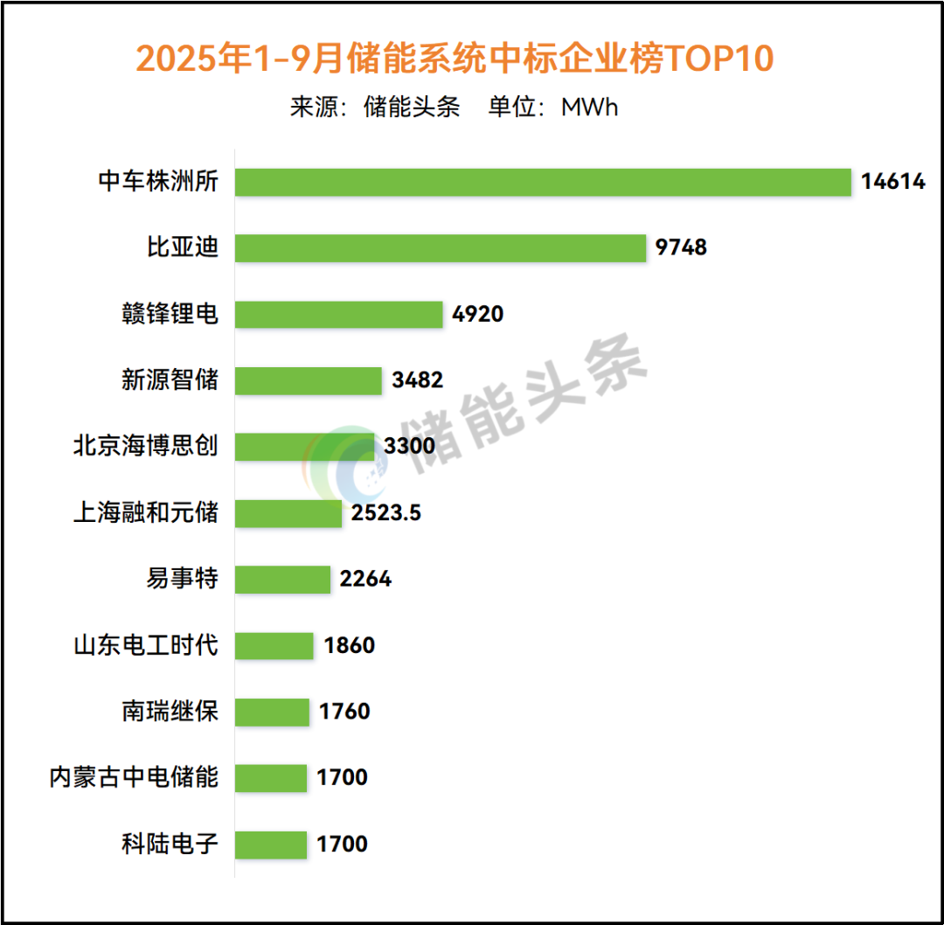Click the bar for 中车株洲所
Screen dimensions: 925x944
tap(543, 182)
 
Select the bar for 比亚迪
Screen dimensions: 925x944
tap(441, 248)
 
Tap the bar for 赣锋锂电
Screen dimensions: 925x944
tap(339, 315)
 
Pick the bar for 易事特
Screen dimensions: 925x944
tap(283, 579)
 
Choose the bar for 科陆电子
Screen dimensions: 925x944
tap(271, 845)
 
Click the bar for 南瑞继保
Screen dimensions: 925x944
tap(273, 712)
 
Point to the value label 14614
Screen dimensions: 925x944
tap(892, 182)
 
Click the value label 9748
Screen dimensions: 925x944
tap(681, 248)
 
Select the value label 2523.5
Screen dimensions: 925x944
tap(386, 513)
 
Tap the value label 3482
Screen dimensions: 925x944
tap(418, 380)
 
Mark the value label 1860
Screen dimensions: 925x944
tap(349, 646)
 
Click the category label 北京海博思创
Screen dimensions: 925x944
tap(145, 447)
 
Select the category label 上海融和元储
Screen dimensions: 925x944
tap(145, 513)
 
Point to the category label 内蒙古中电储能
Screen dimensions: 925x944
tap(134, 777)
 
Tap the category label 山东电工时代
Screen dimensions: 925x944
tap(145, 646)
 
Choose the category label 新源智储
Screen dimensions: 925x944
tap(170, 380)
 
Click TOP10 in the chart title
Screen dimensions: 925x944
tap(720, 59)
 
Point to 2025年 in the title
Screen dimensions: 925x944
tap(192, 59)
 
